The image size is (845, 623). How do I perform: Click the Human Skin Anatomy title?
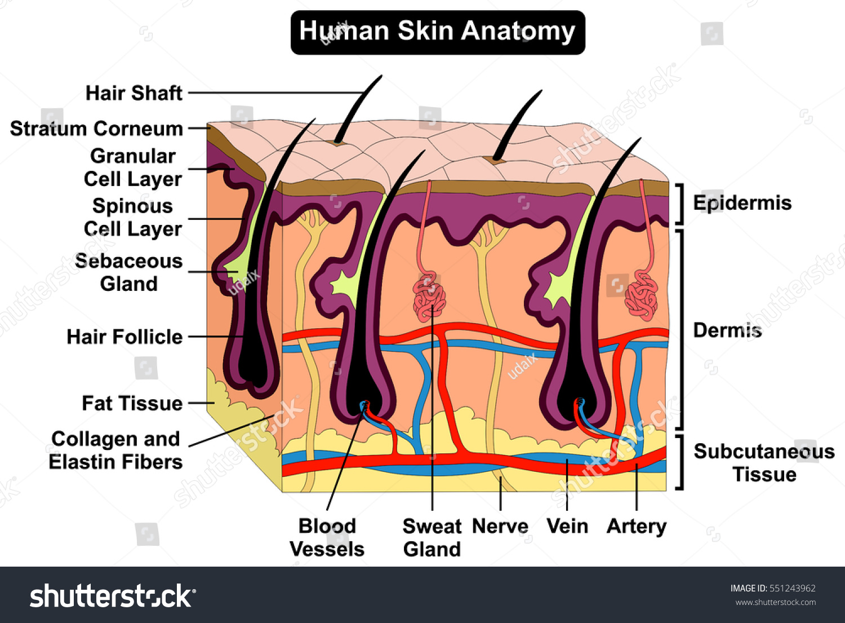pos(437,32)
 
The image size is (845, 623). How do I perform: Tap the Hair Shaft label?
pos(134,93)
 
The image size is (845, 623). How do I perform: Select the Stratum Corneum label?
pos(96,129)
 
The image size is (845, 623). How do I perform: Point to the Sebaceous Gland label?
pos(129,272)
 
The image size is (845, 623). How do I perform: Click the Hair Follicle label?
pos(124,337)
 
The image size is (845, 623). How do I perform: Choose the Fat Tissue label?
pos(132,404)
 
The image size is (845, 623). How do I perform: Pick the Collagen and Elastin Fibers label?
pos(115,450)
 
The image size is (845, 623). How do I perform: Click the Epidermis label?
pos(742,203)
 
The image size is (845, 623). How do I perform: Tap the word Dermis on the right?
pos(727,330)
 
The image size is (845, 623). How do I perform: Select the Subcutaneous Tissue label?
pos(764,463)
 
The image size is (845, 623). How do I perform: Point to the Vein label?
pos(567,527)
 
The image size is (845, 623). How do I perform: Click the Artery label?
pos(637,527)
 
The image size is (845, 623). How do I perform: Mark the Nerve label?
pos(500,527)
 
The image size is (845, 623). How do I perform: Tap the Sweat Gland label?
pos(432,538)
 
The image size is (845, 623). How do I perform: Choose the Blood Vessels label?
pos(327,538)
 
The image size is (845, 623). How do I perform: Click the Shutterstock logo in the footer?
pos(113,596)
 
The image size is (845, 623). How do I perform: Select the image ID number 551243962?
pos(793,589)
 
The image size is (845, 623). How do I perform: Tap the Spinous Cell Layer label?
pos(132,218)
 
